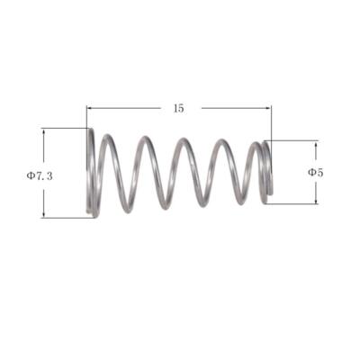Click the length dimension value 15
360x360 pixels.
[x=178, y=108]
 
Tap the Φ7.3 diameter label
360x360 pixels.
[x=40, y=175]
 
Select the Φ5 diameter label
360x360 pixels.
[x=316, y=172]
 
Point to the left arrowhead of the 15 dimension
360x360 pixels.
[x=89, y=108]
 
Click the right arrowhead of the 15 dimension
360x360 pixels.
[x=268, y=108]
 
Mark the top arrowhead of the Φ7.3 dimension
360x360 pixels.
[x=44, y=131]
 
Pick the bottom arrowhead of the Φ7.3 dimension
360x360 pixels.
[x=44, y=215]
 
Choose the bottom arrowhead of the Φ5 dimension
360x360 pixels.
[x=316, y=201]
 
